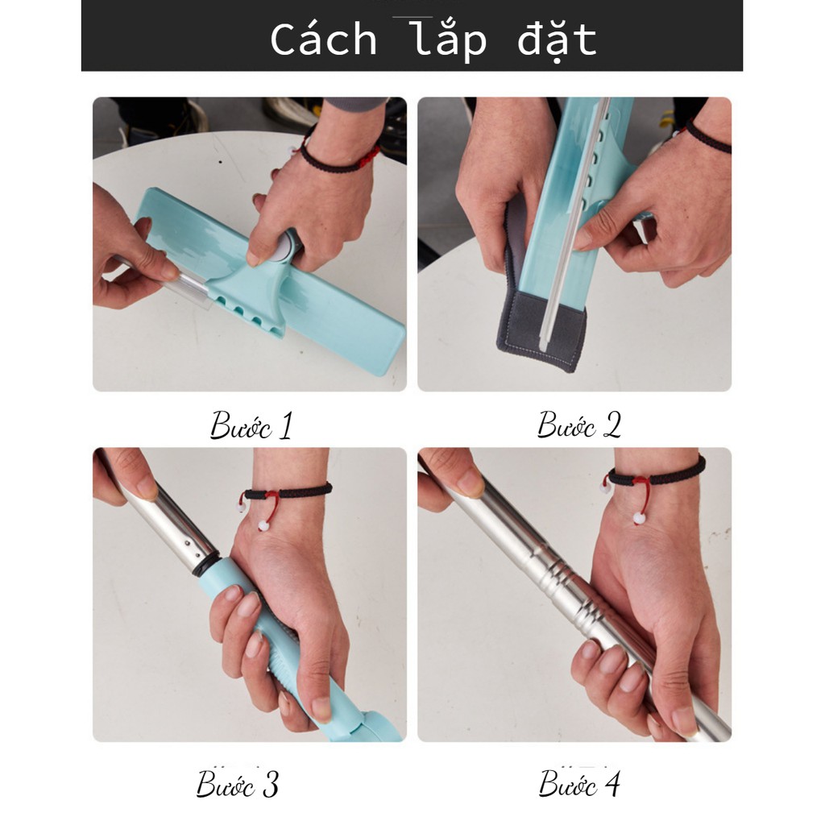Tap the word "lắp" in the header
tap(450, 39)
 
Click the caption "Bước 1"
tap(251, 425)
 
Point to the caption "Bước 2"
tap(578, 425)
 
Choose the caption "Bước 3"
tap(238, 784)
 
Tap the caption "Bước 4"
tap(579, 783)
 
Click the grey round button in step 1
tap(286, 247)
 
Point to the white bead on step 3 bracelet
tap(263, 524)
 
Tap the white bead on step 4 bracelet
tap(639, 518)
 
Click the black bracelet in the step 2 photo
tap(707, 135)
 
